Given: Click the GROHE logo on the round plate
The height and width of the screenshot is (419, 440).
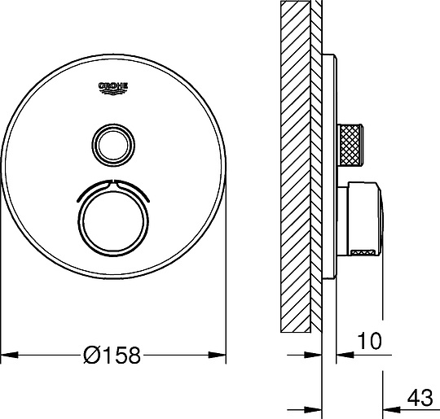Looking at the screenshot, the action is coord(113,89).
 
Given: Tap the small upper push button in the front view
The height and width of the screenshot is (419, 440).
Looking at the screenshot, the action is coord(113,145).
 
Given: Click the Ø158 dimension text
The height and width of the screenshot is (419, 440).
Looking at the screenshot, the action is coord(112,355).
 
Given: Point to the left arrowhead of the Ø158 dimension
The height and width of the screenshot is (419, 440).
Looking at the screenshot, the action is coord(10,355).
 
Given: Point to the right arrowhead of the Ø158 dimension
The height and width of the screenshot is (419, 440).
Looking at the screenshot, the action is coord(217,355).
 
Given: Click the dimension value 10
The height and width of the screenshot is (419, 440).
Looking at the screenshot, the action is coord(370,341).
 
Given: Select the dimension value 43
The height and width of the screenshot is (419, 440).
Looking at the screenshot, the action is coord(420,397).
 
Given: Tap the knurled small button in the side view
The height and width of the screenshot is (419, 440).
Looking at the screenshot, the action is coord(350,145).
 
